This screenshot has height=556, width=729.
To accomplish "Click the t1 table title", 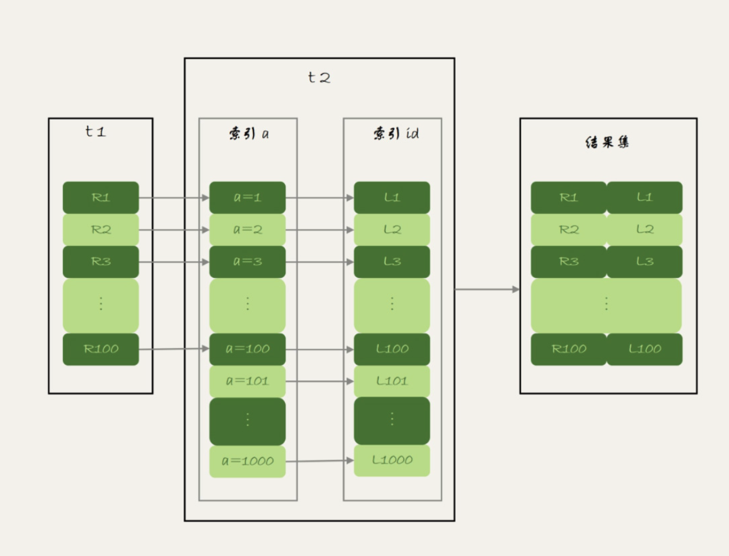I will click(x=96, y=131).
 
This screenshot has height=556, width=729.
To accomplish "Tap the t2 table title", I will click(x=319, y=78).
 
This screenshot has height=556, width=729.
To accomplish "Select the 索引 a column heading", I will click(x=248, y=134).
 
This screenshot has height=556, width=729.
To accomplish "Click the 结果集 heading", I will click(x=607, y=142).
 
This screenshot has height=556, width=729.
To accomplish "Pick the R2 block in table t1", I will click(x=101, y=229).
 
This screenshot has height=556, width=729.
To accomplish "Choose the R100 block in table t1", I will click(x=101, y=349).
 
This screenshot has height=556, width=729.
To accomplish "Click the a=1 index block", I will click(x=247, y=197).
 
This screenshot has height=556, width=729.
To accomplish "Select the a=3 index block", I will click(x=247, y=261).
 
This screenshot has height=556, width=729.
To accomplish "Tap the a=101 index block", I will click(x=247, y=381).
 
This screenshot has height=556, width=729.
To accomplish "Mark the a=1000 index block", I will click(x=247, y=461).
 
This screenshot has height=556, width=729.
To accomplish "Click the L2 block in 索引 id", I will click(x=392, y=229).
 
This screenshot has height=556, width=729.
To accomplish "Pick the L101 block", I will click(x=392, y=381).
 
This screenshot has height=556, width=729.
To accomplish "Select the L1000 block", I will click(x=392, y=460).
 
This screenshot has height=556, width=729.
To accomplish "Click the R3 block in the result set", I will click(x=569, y=261).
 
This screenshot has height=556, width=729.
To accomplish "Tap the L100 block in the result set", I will click(x=645, y=349).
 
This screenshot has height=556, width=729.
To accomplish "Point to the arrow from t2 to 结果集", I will click(x=487, y=289).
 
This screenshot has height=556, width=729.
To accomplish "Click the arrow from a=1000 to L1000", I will click(x=319, y=461).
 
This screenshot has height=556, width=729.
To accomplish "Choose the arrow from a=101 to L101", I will click(x=319, y=382).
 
